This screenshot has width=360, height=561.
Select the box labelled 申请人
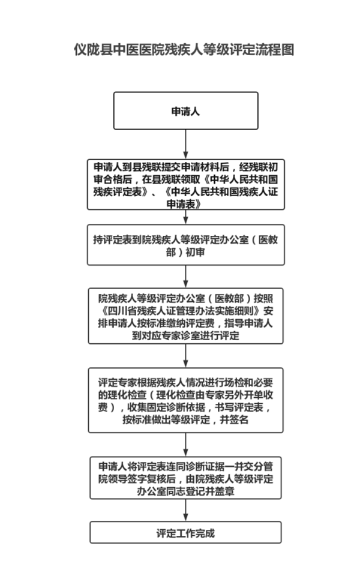pos(185,111)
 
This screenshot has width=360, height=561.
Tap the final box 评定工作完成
pos(185,532)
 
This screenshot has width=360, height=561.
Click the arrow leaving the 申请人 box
pos(185,143)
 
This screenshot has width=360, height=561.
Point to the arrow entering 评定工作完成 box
pos(185,510)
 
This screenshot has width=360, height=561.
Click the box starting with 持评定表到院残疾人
pos(185,245)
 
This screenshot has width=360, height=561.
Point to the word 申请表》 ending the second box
pos(185,204)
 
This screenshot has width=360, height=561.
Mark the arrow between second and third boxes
pos(185,217)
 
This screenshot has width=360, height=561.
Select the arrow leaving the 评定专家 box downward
pos(185,445)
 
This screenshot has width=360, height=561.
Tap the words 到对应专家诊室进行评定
pos(185,336)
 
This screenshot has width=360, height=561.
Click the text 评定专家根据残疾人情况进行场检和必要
pos(185,382)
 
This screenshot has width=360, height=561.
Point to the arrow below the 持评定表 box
pos(185,275)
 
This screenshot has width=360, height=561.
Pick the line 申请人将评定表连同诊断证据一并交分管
pos(185,466)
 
